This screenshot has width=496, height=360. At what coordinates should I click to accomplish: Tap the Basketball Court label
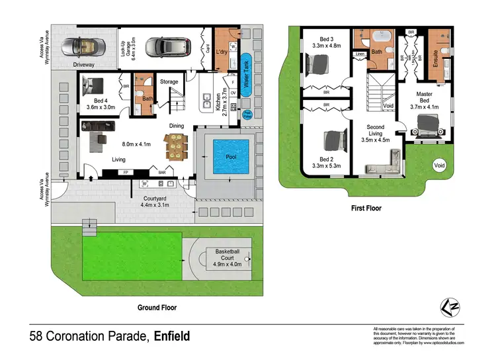[227, 255]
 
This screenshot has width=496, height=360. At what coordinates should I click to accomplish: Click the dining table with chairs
[178, 146]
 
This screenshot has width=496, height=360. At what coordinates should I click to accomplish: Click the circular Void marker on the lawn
[438, 165]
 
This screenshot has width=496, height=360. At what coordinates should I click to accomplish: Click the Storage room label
[169, 81]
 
